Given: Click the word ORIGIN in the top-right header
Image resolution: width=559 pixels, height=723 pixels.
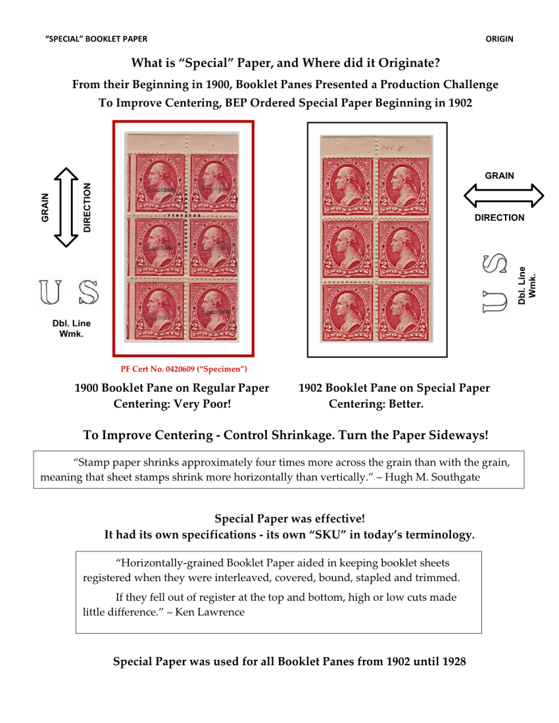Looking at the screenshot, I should (499, 39).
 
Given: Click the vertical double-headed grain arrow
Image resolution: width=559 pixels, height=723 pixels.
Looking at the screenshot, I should (65, 207).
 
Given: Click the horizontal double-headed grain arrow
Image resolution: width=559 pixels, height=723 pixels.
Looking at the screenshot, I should (504, 196).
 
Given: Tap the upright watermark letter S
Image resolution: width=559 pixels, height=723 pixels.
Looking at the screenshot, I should (87, 292).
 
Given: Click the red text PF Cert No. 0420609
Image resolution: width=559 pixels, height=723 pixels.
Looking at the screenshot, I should (183, 369).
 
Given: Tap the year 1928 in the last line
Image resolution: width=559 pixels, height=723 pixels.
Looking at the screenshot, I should (452, 661).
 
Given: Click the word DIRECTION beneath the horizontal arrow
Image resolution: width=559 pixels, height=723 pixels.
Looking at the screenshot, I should (499, 218).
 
